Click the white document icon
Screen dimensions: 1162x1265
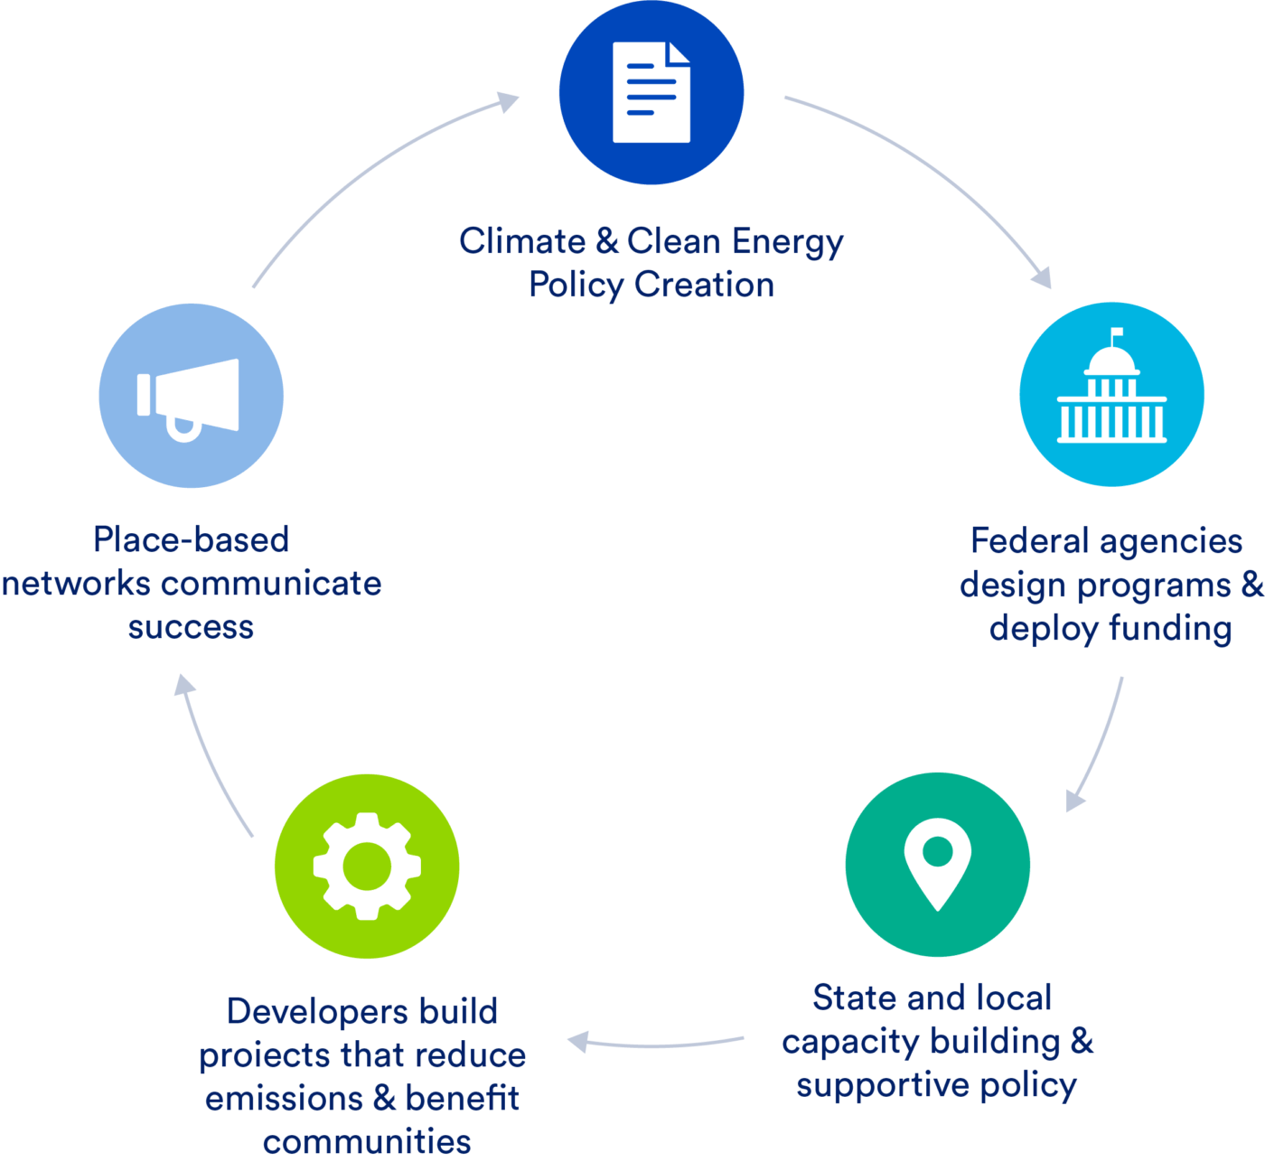(x=651, y=92)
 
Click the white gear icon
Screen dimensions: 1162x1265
(x=367, y=866)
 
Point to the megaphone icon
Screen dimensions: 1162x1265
(x=189, y=398)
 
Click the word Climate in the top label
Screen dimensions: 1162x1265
(x=522, y=241)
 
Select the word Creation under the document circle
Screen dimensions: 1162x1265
(x=704, y=285)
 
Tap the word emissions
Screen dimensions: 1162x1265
(x=283, y=1098)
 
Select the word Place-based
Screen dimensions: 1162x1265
(x=192, y=539)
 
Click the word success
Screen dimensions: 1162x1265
(x=191, y=626)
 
